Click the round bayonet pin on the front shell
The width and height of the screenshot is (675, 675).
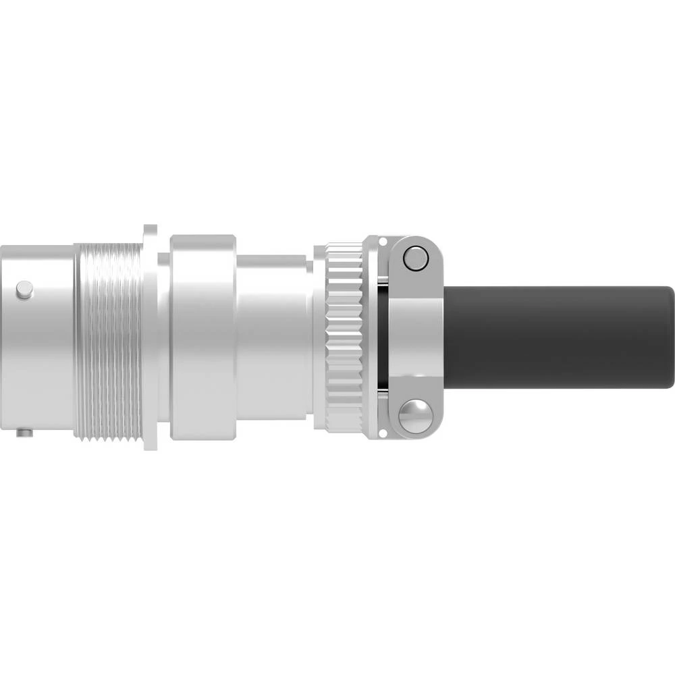24,290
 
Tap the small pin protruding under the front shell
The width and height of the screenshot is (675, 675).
25,432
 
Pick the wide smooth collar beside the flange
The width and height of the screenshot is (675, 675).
202,337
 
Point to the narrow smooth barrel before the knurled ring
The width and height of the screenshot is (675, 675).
273,337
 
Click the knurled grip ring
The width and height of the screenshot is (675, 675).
344,337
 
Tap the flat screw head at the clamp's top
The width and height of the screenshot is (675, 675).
414,258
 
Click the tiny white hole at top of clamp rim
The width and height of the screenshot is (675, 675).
382,241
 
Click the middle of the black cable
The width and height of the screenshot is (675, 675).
553,337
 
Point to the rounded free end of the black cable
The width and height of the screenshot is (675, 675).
668,337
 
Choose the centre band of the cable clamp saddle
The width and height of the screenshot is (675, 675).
415,337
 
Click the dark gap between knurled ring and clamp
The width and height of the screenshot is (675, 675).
383,337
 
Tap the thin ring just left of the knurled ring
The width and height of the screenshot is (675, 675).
319,337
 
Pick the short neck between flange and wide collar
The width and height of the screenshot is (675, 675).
164,337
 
